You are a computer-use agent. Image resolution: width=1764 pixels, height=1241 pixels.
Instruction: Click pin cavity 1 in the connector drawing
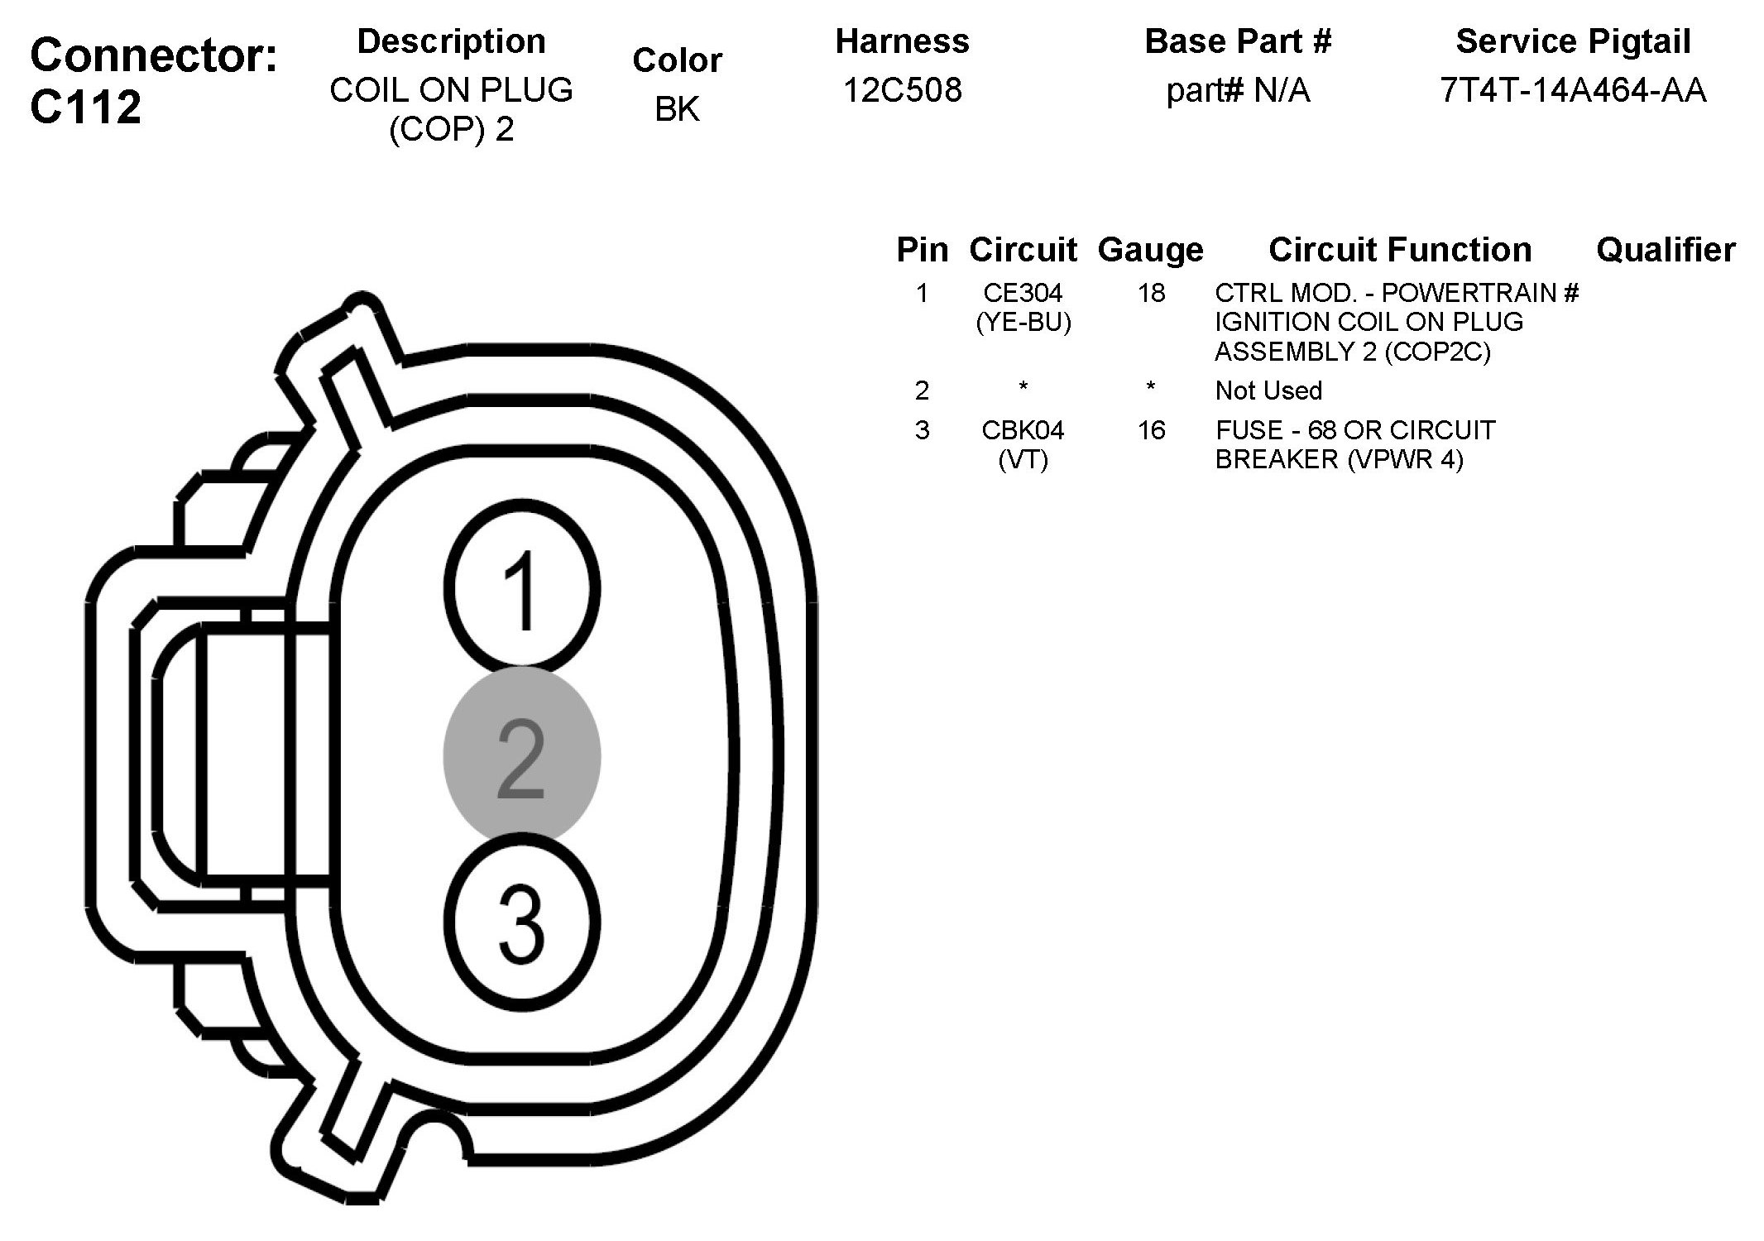(521, 589)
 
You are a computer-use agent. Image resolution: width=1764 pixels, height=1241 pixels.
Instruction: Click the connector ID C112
(86, 108)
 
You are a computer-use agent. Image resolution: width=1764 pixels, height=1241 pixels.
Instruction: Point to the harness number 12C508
(902, 90)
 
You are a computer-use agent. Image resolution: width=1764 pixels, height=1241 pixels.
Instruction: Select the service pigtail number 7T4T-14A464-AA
(1573, 90)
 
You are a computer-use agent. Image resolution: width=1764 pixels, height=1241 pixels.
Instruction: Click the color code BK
(677, 109)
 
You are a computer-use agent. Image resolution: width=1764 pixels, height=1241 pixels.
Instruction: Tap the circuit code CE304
(1023, 293)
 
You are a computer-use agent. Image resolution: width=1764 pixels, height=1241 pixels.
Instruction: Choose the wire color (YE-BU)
(1023, 322)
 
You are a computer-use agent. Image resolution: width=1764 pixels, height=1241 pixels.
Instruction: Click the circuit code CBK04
(1023, 430)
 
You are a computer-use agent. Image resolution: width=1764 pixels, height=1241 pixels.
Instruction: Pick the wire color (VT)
(1023, 459)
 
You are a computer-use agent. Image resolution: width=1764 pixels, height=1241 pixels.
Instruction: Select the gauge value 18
(1151, 293)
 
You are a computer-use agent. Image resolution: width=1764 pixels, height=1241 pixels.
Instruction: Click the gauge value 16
(1151, 430)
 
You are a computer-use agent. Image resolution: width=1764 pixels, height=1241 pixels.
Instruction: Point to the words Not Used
(1268, 391)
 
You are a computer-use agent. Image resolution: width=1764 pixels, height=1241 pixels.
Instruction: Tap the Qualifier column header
(1665, 250)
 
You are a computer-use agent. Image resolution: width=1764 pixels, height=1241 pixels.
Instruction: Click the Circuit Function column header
(1400, 250)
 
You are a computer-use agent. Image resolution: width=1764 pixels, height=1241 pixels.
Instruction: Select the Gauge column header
(1150, 250)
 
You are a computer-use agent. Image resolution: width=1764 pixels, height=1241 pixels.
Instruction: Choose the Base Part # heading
(1238, 41)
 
